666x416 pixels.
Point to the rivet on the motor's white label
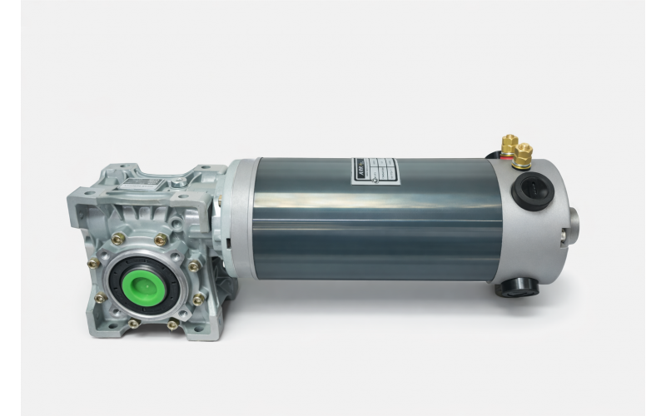pyautogui.click(x=376, y=177)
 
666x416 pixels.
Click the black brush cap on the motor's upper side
pyautogui.click(x=528, y=191)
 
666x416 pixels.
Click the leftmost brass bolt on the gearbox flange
pyautogui.click(x=93, y=263)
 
